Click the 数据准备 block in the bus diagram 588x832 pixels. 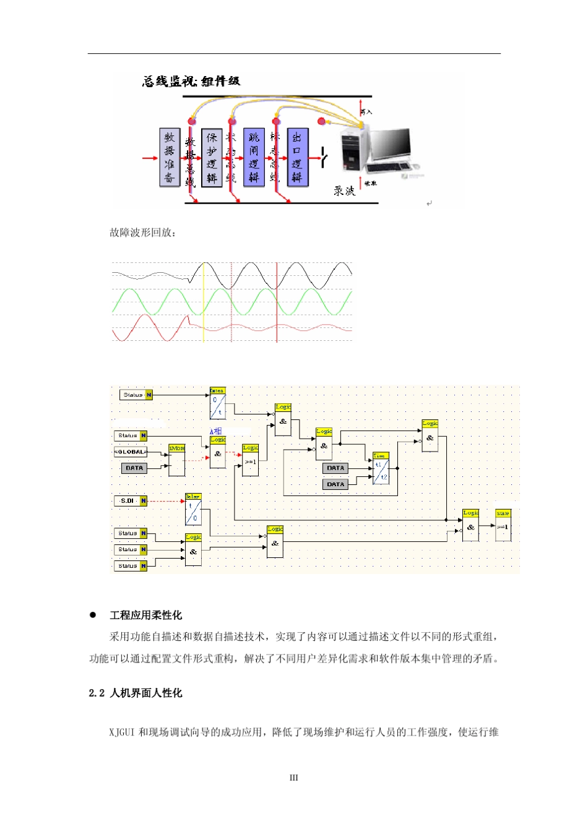[170, 158]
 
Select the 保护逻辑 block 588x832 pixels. [212, 158]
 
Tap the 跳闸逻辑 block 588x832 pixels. [254, 158]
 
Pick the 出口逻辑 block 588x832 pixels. [297, 158]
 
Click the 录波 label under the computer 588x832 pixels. [344, 191]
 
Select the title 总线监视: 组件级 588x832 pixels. [191, 81]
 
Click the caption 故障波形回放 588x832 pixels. [143, 233]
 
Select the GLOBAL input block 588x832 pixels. [131, 452]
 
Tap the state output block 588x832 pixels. [503, 525]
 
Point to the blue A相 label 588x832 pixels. [215, 431]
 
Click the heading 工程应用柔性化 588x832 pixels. [145, 615]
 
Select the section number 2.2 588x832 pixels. [97, 693]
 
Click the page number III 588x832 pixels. [294, 778]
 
